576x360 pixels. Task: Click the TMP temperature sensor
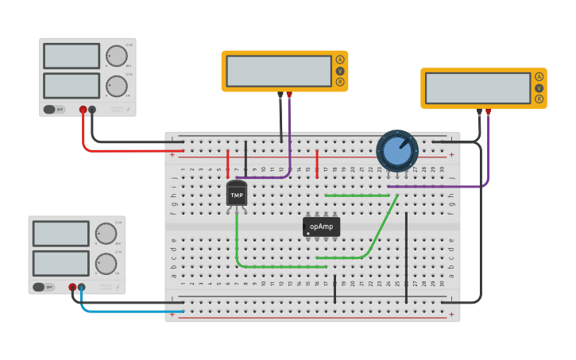click(x=237, y=194)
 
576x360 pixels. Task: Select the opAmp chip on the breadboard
click(x=321, y=227)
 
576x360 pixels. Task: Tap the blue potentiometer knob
click(x=396, y=150)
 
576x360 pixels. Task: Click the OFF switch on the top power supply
click(x=49, y=110)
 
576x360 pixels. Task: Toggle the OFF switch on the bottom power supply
click(x=38, y=287)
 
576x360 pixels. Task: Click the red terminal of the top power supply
click(x=83, y=110)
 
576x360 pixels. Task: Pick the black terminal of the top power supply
click(x=92, y=110)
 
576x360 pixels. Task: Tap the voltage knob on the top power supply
click(x=116, y=56)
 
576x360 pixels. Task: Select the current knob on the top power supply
click(x=116, y=86)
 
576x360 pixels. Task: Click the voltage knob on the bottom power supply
click(x=105, y=233)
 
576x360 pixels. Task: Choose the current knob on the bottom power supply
click(x=105, y=263)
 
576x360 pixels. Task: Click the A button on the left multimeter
click(x=340, y=60)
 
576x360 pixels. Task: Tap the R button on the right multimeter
click(x=539, y=99)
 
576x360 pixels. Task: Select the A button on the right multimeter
click(x=539, y=77)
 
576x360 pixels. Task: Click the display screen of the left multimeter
click(x=278, y=71)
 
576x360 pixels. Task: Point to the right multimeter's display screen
click(x=477, y=88)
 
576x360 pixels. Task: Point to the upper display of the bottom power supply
click(x=60, y=234)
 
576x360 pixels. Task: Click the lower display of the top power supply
click(x=72, y=86)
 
